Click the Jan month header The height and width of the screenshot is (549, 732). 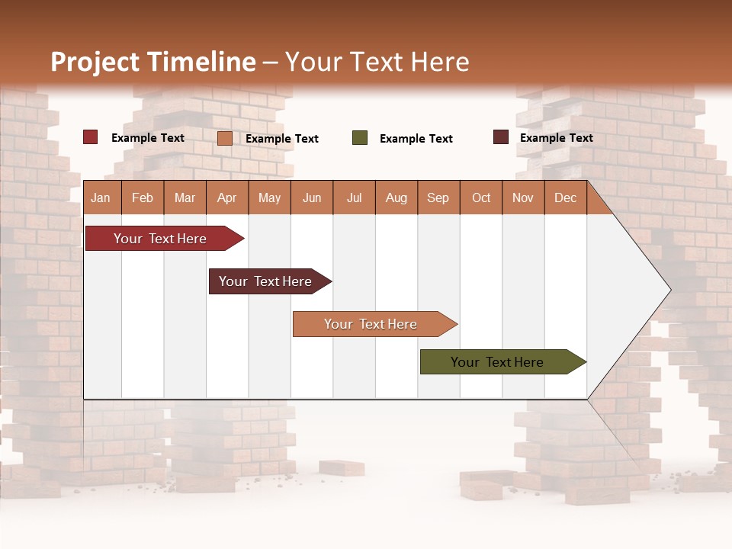pyautogui.click(x=101, y=198)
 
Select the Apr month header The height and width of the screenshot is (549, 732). pyautogui.click(x=227, y=198)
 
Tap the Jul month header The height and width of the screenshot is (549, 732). pyautogui.click(x=354, y=198)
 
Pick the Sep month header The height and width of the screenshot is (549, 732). pyautogui.click(x=438, y=198)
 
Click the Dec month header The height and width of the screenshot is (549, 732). pyautogui.click(x=565, y=198)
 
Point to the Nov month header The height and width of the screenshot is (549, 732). pyautogui.click(x=522, y=198)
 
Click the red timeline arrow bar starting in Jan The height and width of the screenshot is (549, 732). pyautogui.click(x=161, y=239)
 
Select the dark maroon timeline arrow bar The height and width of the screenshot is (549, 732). pyautogui.click(x=266, y=281)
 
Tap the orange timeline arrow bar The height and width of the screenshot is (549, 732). pyautogui.click(x=371, y=324)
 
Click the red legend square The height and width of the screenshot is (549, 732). pyautogui.click(x=91, y=137)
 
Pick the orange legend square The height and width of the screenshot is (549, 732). pyautogui.click(x=225, y=138)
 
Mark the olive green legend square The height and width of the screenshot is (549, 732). pyautogui.click(x=360, y=138)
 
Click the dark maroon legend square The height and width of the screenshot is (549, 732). pyautogui.click(x=501, y=137)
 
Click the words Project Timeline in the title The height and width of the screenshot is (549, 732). pyautogui.click(x=152, y=62)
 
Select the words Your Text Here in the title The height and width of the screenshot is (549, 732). pyautogui.click(x=377, y=62)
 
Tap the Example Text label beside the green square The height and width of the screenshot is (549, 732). pyautogui.click(x=416, y=139)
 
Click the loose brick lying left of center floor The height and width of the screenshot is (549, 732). pyautogui.click(x=341, y=467)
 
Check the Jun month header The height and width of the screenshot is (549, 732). pyautogui.click(x=312, y=198)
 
